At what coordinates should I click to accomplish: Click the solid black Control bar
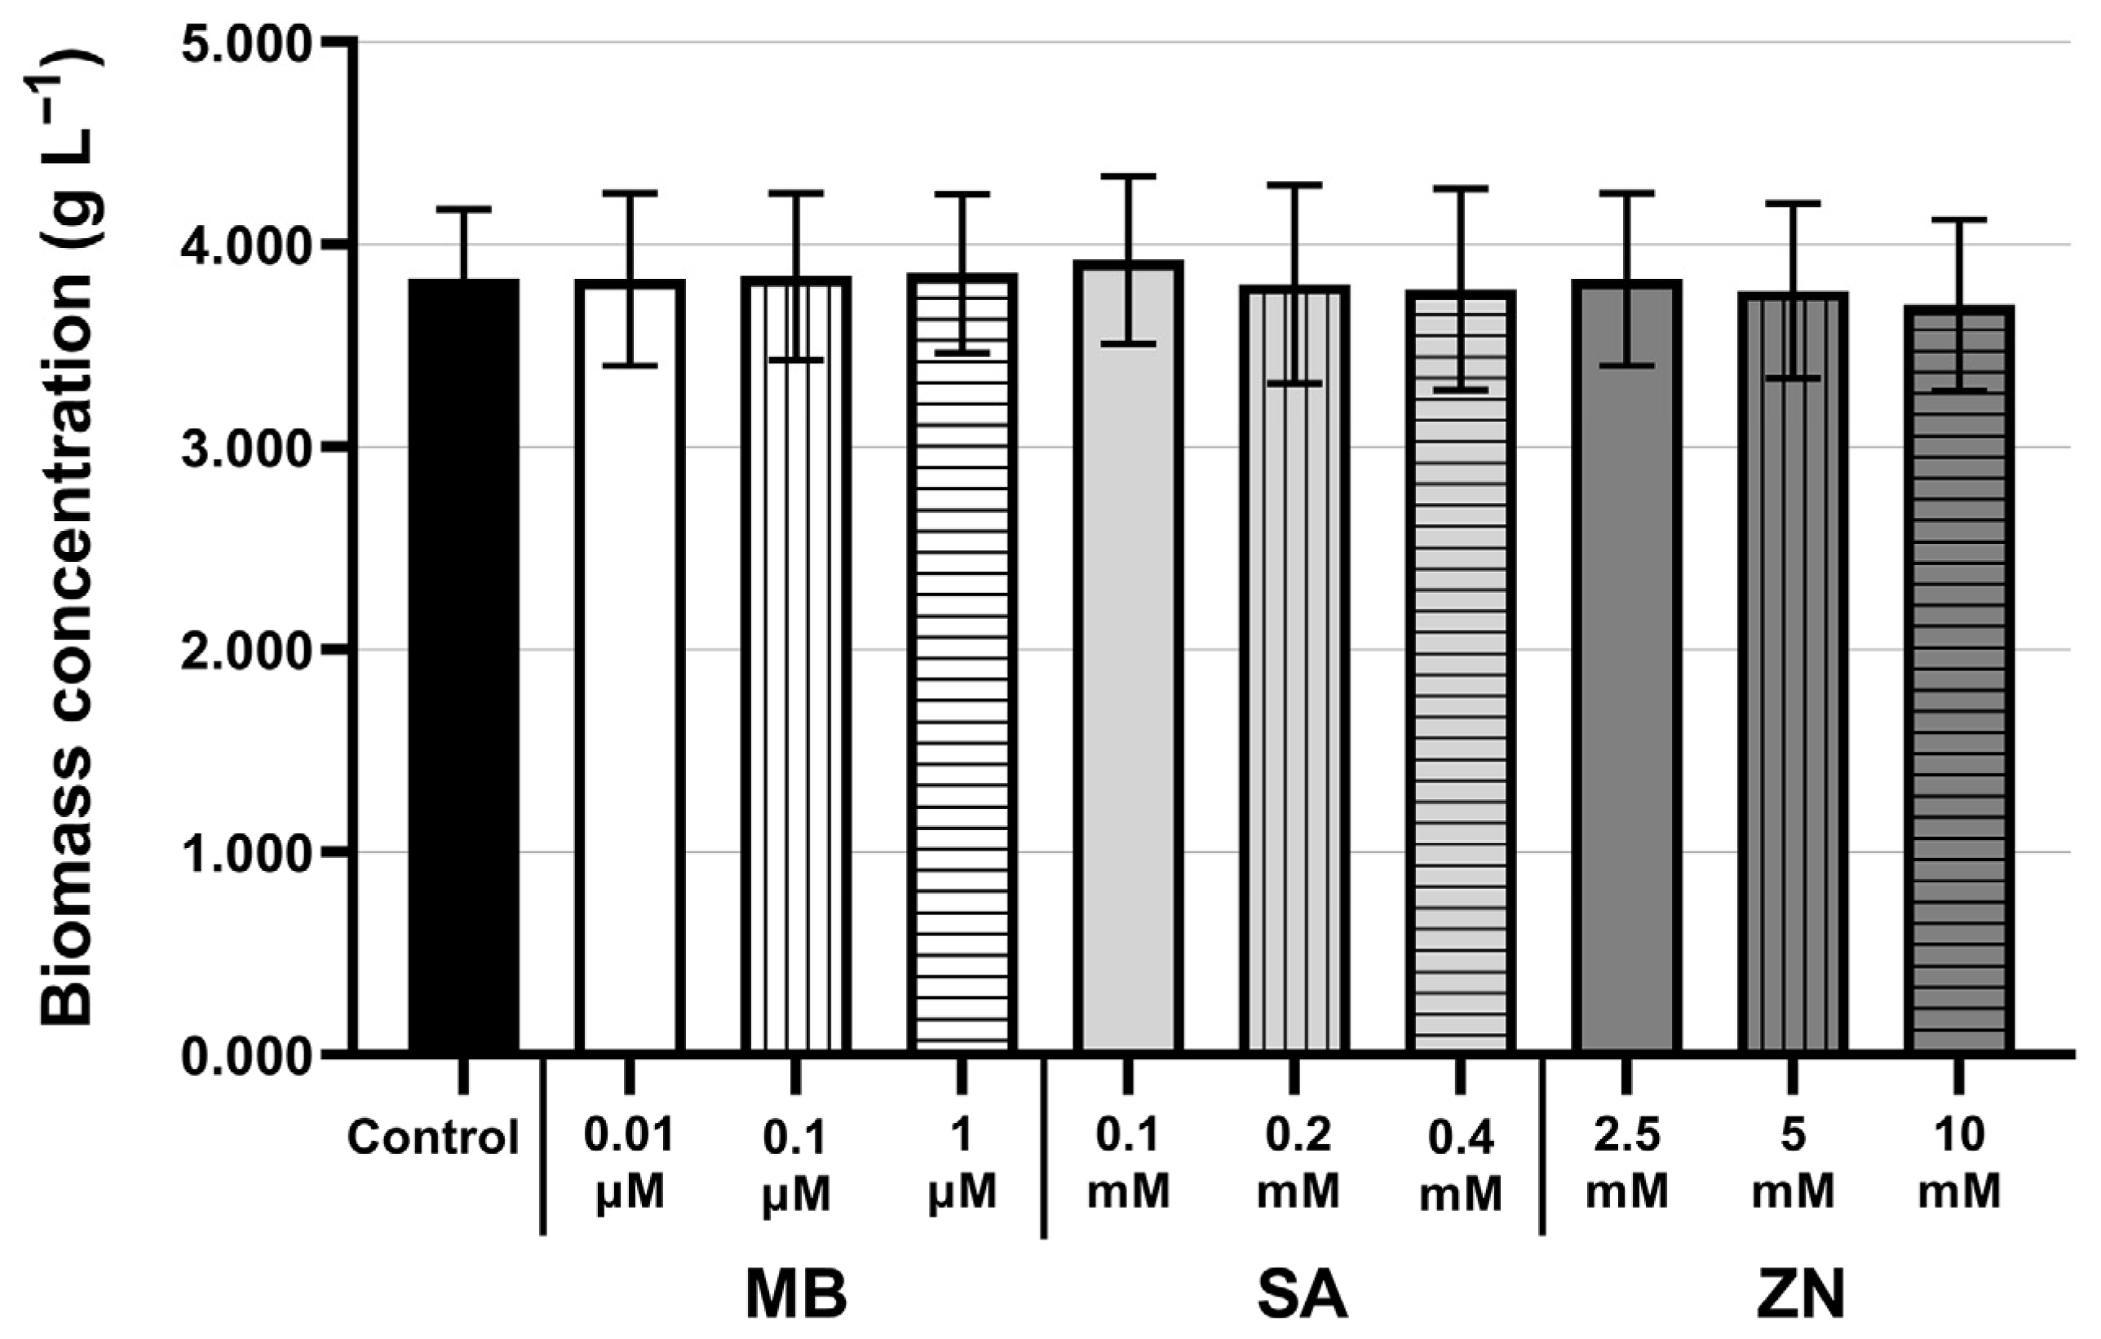pyautogui.click(x=463, y=665)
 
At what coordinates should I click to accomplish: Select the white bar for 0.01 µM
pyautogui.click(x=629, y=665)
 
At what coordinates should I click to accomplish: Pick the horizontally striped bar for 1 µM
pyautogui.click(x=962, y=663)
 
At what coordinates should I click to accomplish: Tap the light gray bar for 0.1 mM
pyautogui.click(x=1128, y=656)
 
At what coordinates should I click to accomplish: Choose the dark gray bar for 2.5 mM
pyautogui.click(x=1626, y=665)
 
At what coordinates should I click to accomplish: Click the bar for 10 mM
pyautogui.click(x=1959, y=678)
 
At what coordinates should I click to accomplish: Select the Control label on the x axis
pyautogui.click(x=433, y=1138)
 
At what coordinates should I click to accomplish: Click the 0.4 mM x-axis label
pyautogui.click(x=1461, y=1166)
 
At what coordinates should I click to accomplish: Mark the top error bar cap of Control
pyautogui.click(x=463, y=209)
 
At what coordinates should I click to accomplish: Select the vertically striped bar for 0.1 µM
pyautogui.click(x=796, y=664)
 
